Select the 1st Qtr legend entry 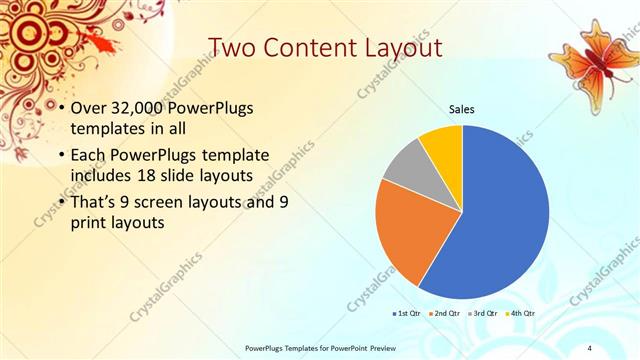(x=409, y=313)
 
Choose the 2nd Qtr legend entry (x=445, y=313)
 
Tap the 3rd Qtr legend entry (x=482, y=313)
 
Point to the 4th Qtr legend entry (x=519, y=313)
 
